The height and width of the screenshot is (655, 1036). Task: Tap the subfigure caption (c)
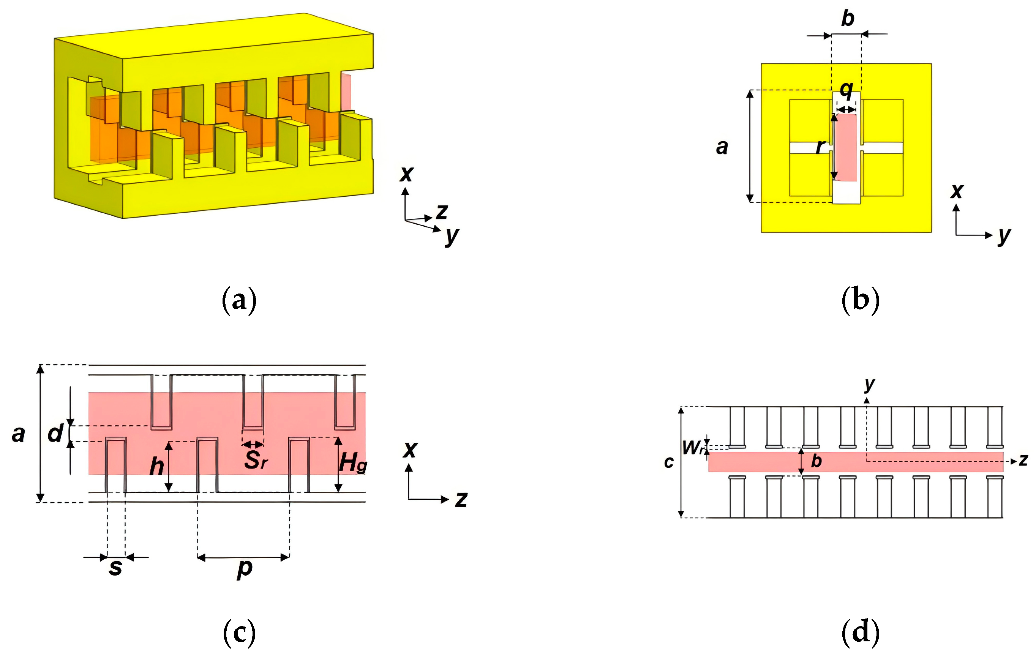[x=239, y=632]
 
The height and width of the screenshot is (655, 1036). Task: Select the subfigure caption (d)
[x=860, y=632]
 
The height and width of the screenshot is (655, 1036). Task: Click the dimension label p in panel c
[x=244, y=568]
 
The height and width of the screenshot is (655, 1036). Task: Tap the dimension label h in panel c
[x=156, y=466]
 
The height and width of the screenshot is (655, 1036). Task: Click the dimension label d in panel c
[x=55, y=433]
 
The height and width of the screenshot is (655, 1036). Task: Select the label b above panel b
[x=847, y=19]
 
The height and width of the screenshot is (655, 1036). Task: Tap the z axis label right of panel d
[x=1023, y=460]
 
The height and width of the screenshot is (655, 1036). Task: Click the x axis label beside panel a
[x=406, y=174]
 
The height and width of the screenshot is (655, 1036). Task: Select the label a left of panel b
[x=722, y=147]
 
